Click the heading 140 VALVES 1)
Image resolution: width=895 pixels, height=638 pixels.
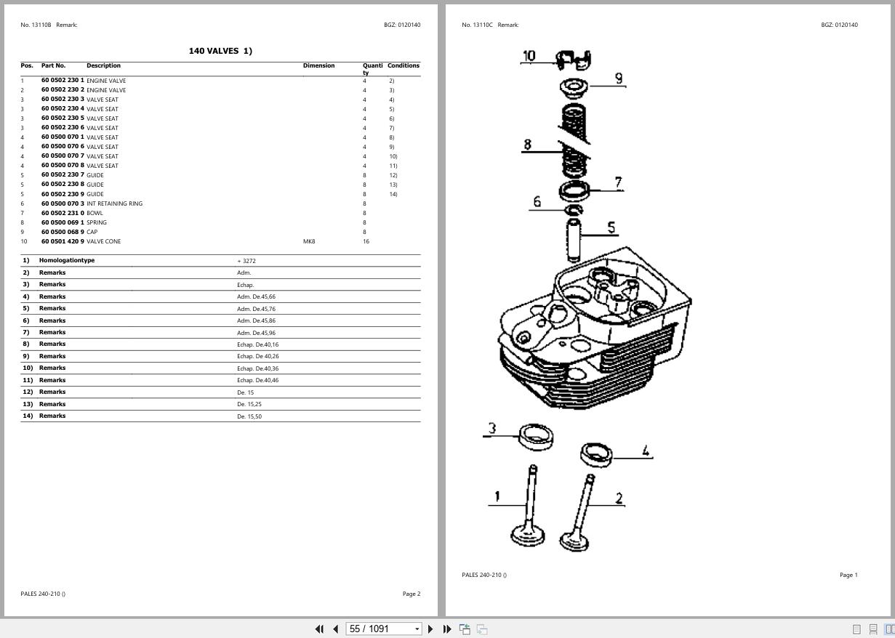pyautogui.click(x=220, y=51)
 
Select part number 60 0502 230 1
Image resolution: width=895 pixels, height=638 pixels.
pyautogui.click(x=63, y=81)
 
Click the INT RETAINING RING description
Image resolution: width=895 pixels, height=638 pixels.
pyautogui.click(x=114, y=203)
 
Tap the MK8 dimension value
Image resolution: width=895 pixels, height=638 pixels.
pyautogui.click(x=309, y=241)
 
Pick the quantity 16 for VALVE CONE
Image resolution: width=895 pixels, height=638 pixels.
pyautogui.click(x=366, y=241)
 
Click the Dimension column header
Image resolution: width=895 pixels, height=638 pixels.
pyautogui.click(x=318, y=65)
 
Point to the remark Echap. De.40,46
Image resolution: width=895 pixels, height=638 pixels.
pyautogui.click(x=257, y=380)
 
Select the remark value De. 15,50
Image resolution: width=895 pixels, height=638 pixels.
pyautogui.click(x=249, y=416)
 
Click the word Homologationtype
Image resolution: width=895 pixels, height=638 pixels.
pyautogui.click(x=67, y=260)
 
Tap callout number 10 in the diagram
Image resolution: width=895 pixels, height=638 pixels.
pyautogui.click(x=529, y=56)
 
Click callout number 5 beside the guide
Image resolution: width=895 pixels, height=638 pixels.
pyautogui.click(x=611, y=228)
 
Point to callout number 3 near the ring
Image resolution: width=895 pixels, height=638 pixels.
pyautogui.click(x=492, y=428)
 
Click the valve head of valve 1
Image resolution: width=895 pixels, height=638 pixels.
pyautogui.click(x=528, y=536)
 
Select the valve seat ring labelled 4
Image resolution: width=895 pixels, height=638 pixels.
pyautogui.click(x=596, y=454)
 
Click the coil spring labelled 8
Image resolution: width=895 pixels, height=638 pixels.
pyautogui.click(x=574, y=142)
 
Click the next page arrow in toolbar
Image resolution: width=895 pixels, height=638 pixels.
pyautogui.click(x=430, y=629)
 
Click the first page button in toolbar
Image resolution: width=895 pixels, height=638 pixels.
pyautogui.click(x=319, y=629)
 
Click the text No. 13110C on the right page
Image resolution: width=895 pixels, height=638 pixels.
pyautogui.click(x=477, y=25)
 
